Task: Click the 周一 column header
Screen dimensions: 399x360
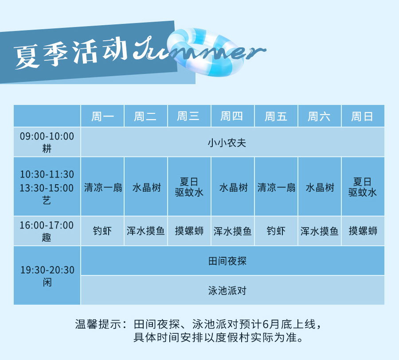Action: point(102,117)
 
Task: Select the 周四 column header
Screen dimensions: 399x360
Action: point(231,116)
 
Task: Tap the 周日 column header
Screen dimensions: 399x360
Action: point(362,117)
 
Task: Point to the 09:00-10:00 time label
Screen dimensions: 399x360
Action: point(47,136)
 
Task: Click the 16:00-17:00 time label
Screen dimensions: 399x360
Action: point(47,225)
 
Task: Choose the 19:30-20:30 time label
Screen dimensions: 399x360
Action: point(47,270)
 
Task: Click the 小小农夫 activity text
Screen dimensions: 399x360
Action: point(227,143)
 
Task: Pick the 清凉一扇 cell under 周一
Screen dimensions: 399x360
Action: point(103,188)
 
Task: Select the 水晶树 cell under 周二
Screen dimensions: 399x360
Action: point(147,188)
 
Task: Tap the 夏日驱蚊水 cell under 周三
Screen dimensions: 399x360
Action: point(189,187)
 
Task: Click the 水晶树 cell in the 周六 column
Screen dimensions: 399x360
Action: point(320,188)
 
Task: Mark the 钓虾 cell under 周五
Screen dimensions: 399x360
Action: point(276,231)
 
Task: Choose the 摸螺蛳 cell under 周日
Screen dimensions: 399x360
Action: point(363,231)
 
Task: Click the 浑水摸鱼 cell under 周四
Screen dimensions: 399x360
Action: point(233,231)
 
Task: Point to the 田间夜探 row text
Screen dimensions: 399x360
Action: point(227,261)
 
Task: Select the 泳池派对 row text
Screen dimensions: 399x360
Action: point(227,290)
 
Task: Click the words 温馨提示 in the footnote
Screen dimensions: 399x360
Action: point(98,325)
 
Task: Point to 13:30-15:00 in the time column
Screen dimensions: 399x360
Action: point(47,188)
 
